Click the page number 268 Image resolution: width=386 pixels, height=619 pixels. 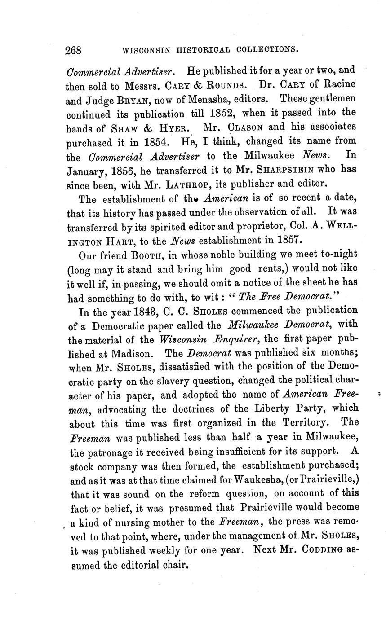point(73,50)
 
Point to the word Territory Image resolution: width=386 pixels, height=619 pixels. point(308,423)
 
